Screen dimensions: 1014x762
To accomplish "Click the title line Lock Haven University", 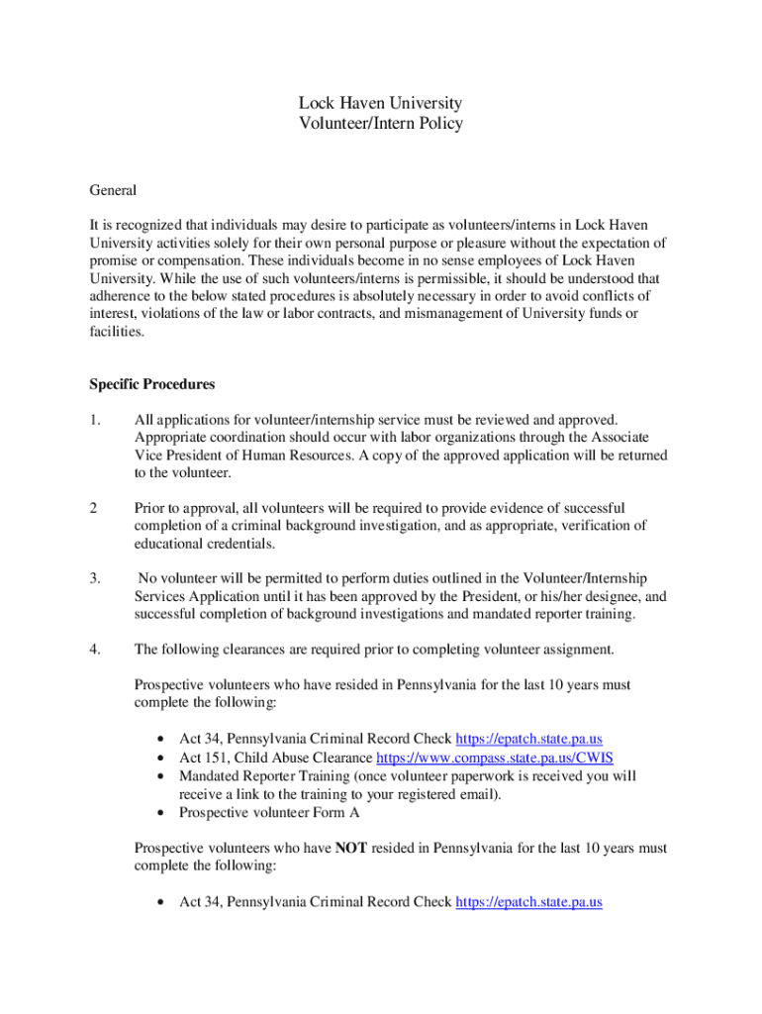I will click(x=381, y=103).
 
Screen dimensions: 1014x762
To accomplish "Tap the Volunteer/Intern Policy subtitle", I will click(x=381, y=124).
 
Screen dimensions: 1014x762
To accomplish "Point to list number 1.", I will click(x=95, y=421).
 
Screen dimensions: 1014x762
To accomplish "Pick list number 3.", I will click(x=95, y=577).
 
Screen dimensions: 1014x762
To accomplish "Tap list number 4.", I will click(x=95, y=650).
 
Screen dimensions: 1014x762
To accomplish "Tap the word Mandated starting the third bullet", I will click(x=210, y=776).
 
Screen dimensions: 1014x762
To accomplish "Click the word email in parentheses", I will click(x=477, y=794).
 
